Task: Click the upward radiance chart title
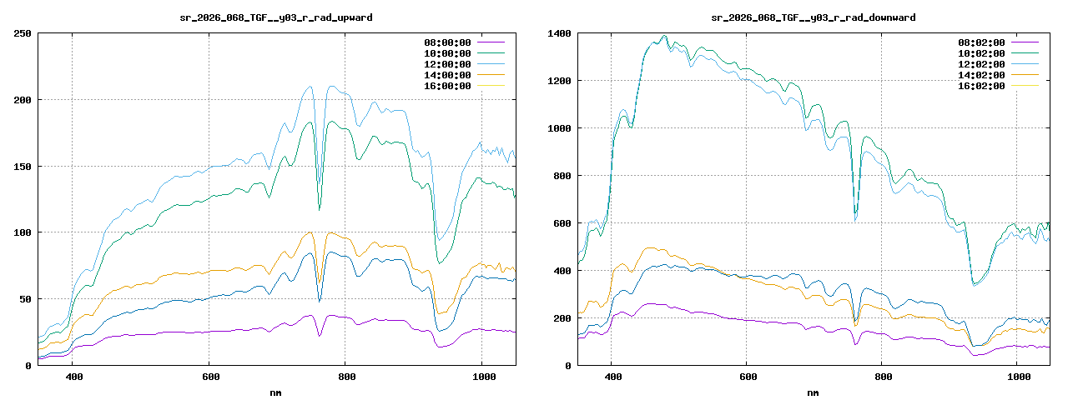pos(276,17)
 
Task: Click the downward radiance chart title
pos(813,17)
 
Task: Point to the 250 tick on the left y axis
pos(23,33)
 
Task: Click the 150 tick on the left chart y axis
pos(23,166)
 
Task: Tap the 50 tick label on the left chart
pos(25,298)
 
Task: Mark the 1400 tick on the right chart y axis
pos(559,33)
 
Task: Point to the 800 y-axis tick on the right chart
pos(562,176)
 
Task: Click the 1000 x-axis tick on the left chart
pos(481,377)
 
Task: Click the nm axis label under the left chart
pos(276,392)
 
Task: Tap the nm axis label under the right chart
pos(813,392)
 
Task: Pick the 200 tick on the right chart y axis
pos(562,317)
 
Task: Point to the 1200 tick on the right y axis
pos(559,81)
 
